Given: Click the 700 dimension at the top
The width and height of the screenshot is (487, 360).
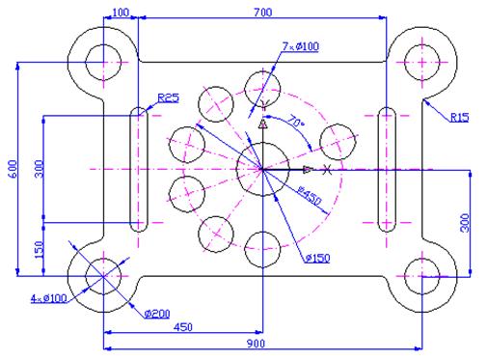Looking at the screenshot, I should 262,11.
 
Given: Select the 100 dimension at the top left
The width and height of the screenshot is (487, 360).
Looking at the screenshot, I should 121,11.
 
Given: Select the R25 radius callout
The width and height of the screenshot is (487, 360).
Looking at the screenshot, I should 168,97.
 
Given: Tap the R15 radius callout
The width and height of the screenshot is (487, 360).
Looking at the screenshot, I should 459,118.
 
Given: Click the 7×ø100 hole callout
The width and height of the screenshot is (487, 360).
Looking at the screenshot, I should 300,45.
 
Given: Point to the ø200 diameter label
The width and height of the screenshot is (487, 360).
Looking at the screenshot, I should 156,313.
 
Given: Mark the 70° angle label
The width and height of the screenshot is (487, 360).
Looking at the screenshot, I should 297,123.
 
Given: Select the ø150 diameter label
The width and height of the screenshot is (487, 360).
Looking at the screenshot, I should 317,258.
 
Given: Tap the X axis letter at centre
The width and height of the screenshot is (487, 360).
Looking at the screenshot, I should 328,170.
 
